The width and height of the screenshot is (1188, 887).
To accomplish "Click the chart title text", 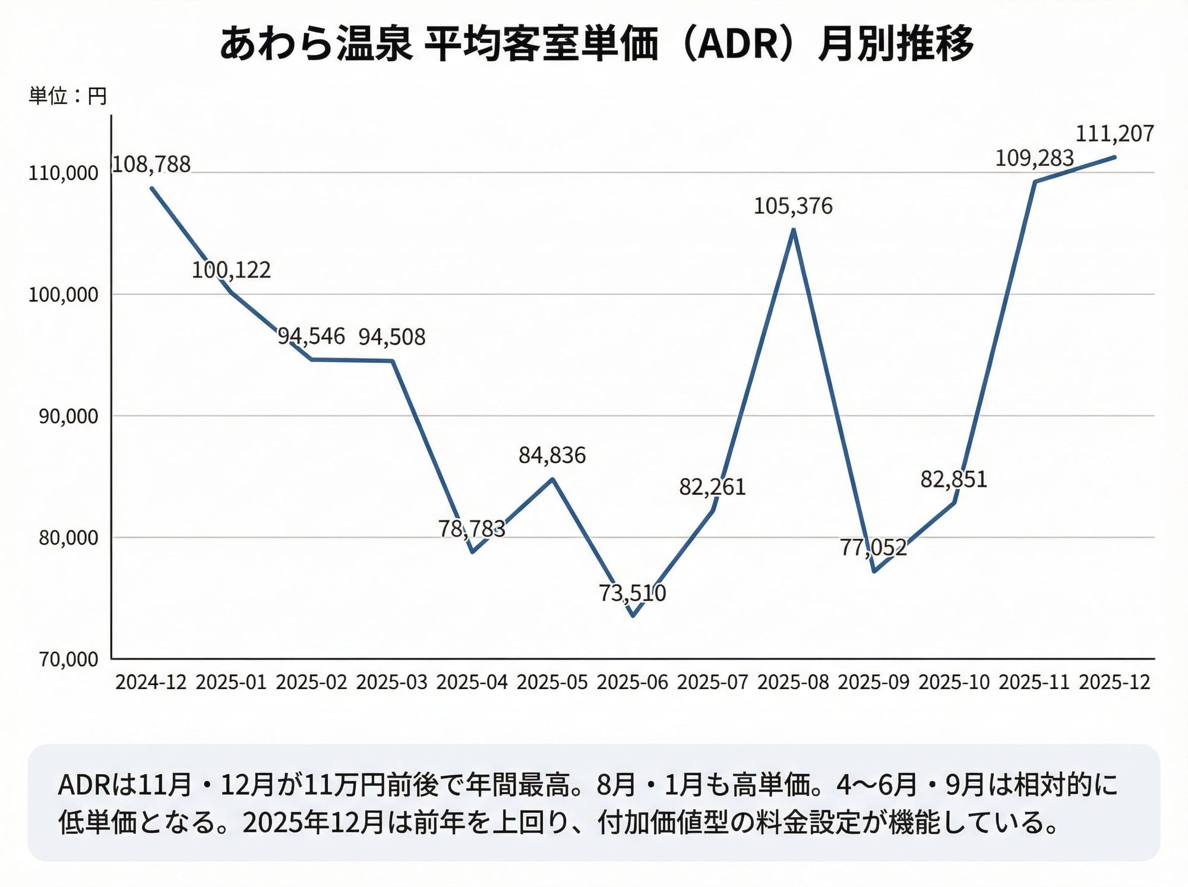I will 596,44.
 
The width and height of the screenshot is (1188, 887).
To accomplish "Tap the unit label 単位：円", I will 68,96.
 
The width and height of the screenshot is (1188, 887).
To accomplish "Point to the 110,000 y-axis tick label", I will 64,173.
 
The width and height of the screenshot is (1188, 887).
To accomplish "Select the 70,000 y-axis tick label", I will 68,659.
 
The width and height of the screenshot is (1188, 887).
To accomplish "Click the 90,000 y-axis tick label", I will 68,416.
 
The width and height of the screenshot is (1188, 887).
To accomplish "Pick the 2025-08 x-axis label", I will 793,682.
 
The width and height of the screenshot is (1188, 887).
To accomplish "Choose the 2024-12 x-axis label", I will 151,682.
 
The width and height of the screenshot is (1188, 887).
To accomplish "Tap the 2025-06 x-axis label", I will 633,682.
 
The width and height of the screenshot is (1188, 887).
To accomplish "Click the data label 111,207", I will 1114,134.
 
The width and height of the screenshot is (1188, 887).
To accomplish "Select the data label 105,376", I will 793,206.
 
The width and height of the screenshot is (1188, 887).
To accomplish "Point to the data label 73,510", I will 633,593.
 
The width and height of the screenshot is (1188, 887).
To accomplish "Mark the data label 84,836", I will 552,456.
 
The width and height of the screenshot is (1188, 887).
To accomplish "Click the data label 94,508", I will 392,337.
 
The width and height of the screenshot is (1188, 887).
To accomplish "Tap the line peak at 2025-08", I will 794,230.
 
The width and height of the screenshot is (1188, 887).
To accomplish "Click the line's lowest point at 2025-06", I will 633,615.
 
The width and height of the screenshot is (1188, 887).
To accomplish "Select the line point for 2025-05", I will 552,479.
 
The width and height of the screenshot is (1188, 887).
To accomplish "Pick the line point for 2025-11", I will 1035,182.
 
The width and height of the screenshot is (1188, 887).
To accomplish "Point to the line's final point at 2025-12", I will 1114,157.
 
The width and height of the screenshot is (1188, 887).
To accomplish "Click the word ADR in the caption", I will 84,785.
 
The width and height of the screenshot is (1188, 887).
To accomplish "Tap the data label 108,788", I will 151,165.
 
